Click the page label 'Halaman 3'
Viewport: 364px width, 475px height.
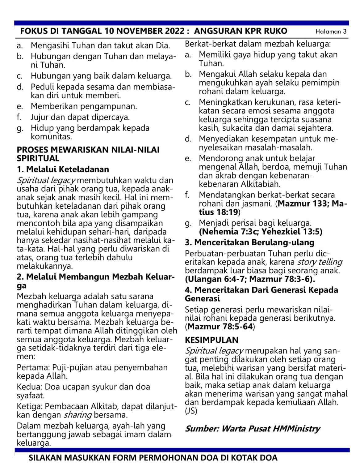[331, 32]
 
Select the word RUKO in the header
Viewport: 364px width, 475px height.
[274, 31]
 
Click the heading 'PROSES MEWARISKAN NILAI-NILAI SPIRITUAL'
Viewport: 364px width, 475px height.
[88, 154]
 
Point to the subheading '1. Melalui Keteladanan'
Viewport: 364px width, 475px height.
[63, 169]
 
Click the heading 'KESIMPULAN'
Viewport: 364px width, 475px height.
[211, 340]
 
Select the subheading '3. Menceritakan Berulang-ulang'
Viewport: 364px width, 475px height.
[249, 242]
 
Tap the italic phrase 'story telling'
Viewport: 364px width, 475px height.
[320, 262]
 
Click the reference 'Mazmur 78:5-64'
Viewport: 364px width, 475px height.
[220, 327]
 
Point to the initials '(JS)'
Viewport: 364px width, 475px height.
[191, 411]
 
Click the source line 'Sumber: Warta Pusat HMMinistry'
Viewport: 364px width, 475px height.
[252, 429]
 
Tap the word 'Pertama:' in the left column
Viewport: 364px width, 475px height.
[33, 367]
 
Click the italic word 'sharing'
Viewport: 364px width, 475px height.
[77, 415]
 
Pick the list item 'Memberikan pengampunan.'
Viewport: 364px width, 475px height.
[84, 106]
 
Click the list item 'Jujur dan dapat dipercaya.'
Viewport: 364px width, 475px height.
[80, 117]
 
